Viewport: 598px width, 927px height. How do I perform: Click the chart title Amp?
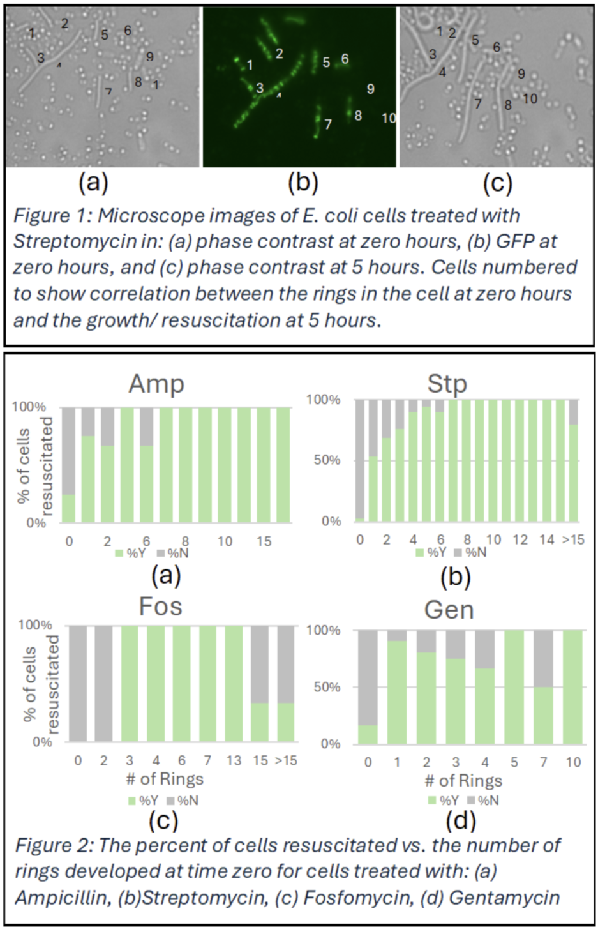point(156,384)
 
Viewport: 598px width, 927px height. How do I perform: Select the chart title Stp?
point(447,384)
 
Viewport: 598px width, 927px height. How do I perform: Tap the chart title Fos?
point(160,607)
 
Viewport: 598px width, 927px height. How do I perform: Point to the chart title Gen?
point(449,610)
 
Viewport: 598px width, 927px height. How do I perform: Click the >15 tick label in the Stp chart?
point(572,539)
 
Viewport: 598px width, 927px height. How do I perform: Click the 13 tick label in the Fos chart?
point(234,760)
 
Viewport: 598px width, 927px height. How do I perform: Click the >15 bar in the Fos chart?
point(285,683)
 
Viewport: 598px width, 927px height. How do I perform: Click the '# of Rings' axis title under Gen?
point(463,781)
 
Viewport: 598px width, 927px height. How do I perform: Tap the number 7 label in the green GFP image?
point(328,124)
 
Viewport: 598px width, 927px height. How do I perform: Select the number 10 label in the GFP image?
point(389,118)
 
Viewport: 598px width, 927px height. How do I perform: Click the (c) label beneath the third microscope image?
point(497,183)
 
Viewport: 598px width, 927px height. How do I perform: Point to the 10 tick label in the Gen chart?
point(573,762)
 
